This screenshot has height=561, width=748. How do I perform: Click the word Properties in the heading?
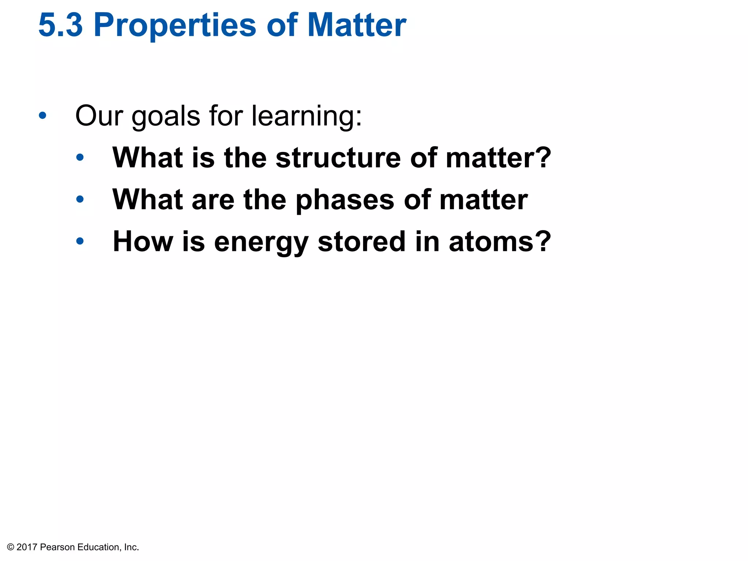175,26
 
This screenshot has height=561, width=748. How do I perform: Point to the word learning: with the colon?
307,116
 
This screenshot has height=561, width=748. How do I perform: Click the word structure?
338,158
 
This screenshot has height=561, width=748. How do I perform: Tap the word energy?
261,243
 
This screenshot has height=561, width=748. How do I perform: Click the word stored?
362,242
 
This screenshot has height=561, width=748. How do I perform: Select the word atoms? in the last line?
500,242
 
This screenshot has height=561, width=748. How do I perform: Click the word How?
143,242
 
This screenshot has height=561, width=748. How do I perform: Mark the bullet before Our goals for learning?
43,116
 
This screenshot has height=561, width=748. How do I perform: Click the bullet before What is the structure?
80,157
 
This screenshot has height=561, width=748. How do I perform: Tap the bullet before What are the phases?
80,199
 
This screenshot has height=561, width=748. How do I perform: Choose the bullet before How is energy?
80,241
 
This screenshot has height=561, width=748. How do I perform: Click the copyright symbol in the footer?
11,547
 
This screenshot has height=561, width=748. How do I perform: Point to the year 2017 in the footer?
27,547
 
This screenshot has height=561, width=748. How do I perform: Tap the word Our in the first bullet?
99,116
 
